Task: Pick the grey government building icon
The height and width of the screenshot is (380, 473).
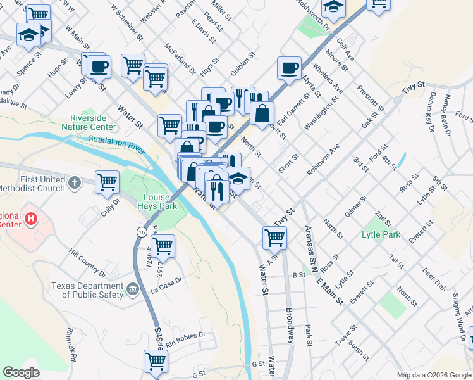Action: (132, 289)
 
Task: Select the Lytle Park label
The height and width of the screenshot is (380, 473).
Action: (381, 235)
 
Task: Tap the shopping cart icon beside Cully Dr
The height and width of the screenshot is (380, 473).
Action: (107, 182)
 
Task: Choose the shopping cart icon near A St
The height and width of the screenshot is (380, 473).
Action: (274, 237)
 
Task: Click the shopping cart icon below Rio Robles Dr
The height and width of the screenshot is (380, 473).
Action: (156, 362)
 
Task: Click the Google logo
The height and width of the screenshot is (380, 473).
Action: (21, 372)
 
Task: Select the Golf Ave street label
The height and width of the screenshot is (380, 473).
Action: (345, 49)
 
